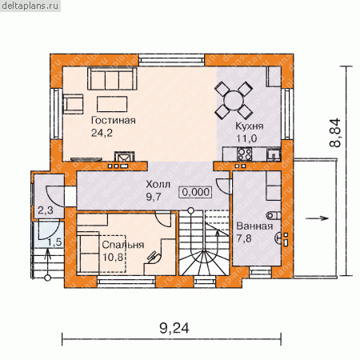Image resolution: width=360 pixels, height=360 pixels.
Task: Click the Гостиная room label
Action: click(x=114, y=121)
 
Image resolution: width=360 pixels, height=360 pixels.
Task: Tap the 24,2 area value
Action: click(x=102, y=133)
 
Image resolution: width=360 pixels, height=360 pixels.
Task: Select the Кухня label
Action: click(x=250, y=126)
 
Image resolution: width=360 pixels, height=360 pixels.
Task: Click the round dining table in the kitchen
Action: click(x=234, y=101)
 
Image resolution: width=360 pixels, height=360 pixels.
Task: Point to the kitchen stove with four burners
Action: click(x=244, y=154)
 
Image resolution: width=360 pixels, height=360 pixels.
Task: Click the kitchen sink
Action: click(x=274, y=154)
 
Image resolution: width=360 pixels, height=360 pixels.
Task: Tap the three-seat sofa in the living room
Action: click(x=112, y=78)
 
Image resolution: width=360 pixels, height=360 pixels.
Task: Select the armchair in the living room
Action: click(x=73, y=104)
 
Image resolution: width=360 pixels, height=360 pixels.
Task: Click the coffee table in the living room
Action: click(x=112, y=104)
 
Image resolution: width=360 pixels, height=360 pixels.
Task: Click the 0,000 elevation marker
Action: click(x=196, y=192)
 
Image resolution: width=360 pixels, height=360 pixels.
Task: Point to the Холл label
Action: click(x=158, y=184)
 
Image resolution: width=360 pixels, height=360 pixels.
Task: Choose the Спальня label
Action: click(x=123, y=245)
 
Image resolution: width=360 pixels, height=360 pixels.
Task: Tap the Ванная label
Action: click(x=254, y=226)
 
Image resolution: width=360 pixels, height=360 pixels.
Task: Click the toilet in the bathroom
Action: click(x=274, y=215)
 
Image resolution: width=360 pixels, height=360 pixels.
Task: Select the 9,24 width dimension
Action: click(x=174, y=328)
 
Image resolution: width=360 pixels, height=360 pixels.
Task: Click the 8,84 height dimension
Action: click(x=335, y=133)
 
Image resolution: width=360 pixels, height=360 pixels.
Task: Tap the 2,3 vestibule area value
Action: click(x=46, y=210)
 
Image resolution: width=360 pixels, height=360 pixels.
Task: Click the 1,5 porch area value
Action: click(x=54, y=242)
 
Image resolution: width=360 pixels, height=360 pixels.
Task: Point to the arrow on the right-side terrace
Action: click(x=317, y=218)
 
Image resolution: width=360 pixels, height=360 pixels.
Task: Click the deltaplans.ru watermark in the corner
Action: click(x=30, y=6)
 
